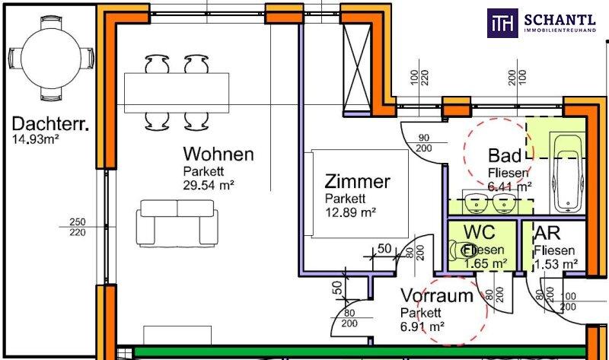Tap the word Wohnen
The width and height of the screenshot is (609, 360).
pyautogui.click(x=217, y=154)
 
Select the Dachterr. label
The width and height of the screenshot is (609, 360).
pyautogui.click(x=50, y=123)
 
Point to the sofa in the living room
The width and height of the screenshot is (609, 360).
pyautogui.click(x=176, y=225)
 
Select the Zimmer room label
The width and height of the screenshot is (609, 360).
pyautogui.click(x=357, y=182)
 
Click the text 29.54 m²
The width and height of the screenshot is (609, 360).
pyautogui.click(x=208, y=184)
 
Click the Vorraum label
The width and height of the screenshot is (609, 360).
pyautogui.click(x=437, y=297)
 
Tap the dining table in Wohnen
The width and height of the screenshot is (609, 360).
pyautogui.click(x=177, y=89)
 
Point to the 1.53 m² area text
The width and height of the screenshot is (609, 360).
pyautogui.click(x=556, y=264)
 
